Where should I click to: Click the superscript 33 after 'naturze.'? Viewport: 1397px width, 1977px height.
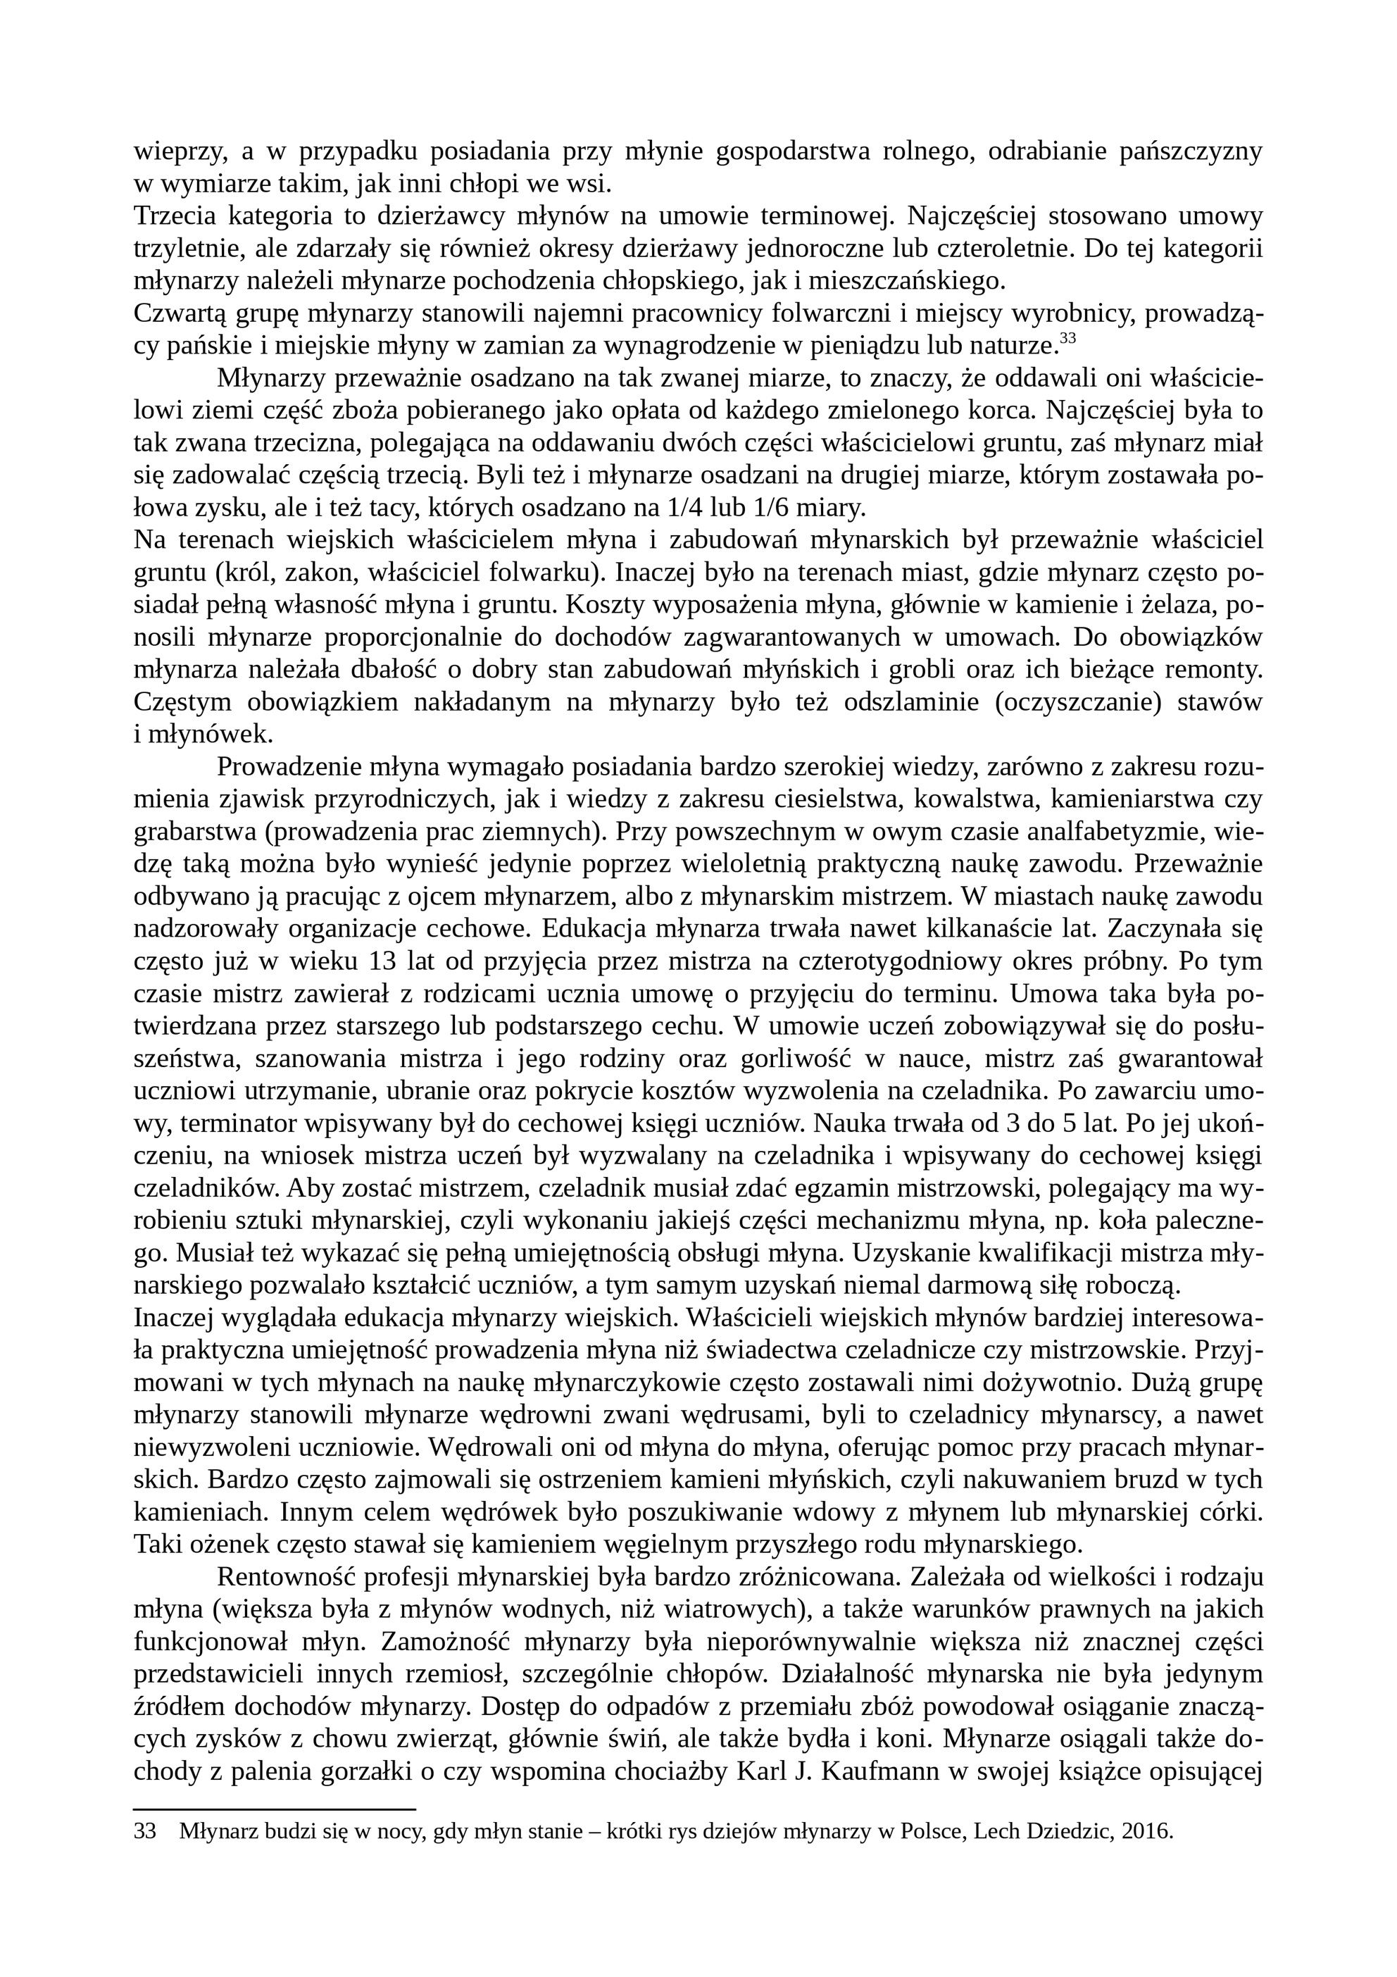[x=1067, y=338]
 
